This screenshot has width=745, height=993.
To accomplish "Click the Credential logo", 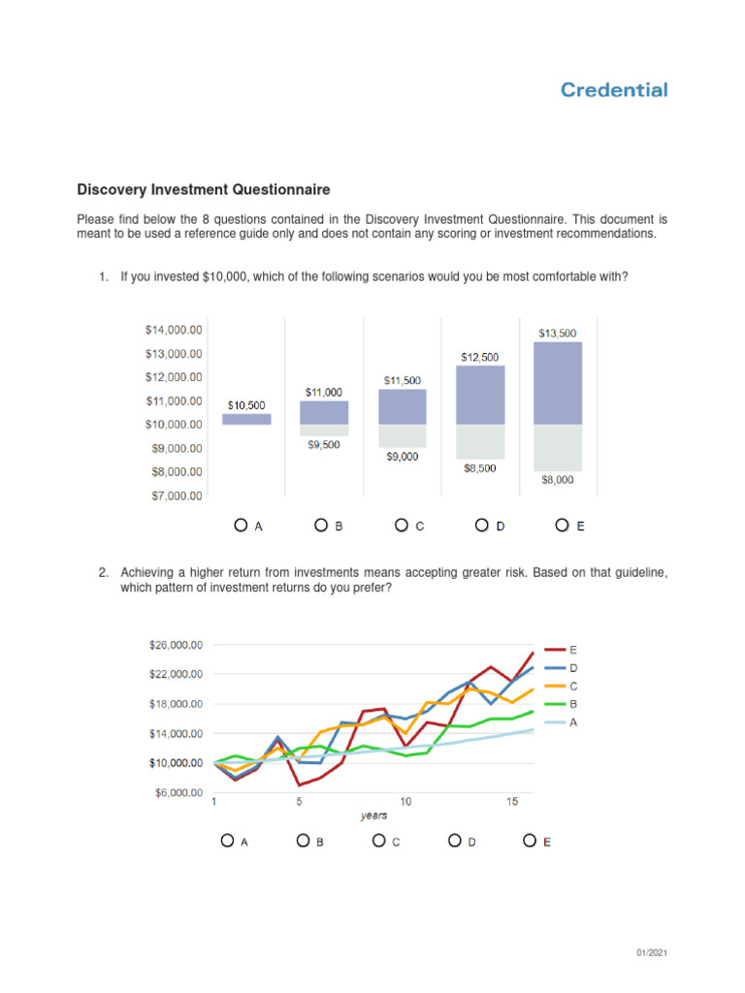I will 614,90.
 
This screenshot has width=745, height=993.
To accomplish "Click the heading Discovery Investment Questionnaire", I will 204,190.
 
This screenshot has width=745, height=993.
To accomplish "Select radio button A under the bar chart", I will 241,526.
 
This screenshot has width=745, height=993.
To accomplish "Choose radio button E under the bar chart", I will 562,526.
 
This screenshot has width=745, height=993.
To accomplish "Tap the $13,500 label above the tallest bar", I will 557,333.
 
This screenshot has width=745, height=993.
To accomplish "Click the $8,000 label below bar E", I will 557,479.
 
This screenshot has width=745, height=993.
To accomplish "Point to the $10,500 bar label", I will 246,404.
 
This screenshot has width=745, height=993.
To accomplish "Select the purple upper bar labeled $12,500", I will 479,395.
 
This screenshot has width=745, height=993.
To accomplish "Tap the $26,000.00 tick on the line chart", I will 176,645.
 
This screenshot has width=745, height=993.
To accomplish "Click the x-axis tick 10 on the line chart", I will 405,802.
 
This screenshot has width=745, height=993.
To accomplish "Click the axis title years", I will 373,816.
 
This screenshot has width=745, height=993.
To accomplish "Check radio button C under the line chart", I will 379,841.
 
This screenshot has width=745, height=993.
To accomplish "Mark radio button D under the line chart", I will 455,841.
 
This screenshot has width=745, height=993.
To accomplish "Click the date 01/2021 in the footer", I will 651,954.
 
